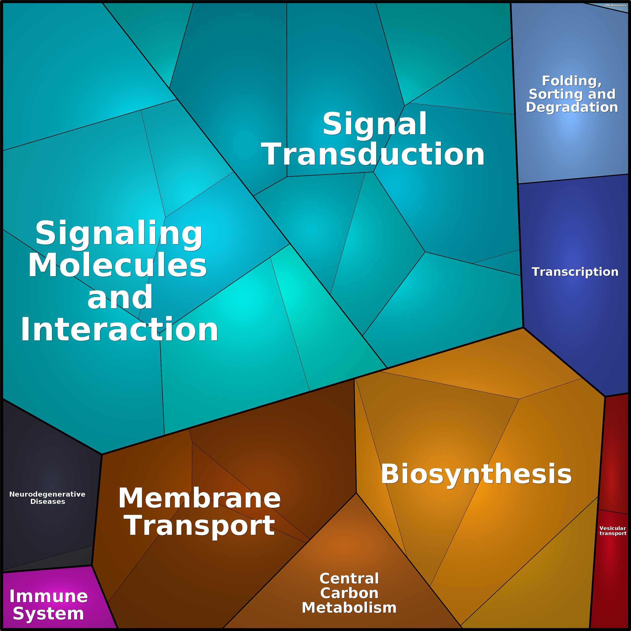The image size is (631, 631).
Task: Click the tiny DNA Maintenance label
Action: [616, 6]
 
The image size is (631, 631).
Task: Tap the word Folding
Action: [571, 81]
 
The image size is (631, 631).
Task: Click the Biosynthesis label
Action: [476, 474]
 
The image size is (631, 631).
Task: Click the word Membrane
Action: [199, 498]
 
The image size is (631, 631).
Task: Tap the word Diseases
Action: [48, 502]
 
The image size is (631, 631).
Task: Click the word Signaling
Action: [119, 233]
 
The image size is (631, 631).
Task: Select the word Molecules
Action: [118, 265]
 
